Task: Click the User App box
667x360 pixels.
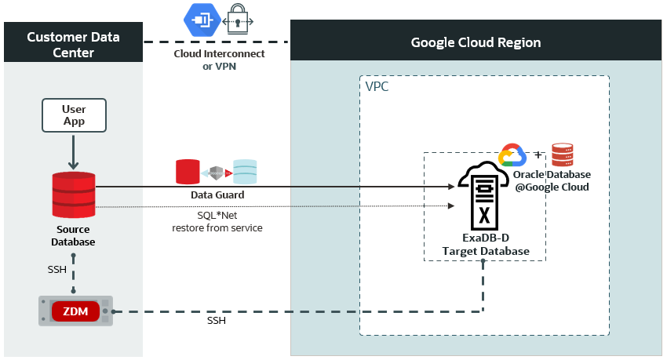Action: tap(73, 115)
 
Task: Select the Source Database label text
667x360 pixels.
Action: tap(73, 235)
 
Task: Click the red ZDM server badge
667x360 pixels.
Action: tap(75, 311)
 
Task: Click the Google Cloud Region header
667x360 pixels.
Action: tap(476, 42)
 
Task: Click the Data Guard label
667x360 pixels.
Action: tap(217, 195)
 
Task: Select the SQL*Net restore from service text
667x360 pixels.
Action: tap(217, 221)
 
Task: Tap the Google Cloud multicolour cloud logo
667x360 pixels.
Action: tap(511, 155)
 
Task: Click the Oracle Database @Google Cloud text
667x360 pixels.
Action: tap(552, 180)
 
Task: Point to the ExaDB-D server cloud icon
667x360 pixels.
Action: tap(484, 193)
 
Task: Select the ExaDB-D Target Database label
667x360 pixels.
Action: tap(484, 244)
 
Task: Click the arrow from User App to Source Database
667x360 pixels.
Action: tap(73, 151)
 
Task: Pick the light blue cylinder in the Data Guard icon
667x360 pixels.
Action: tap(245, 172)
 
